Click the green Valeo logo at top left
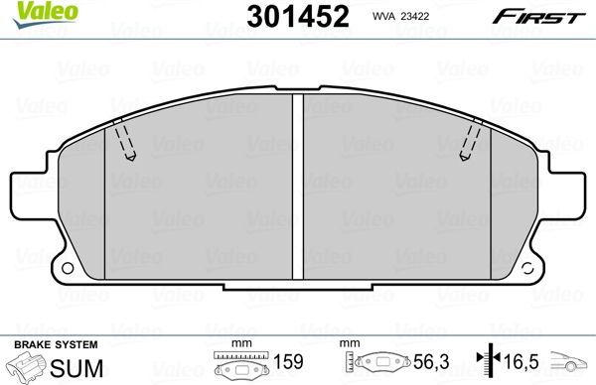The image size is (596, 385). click(x=27, y=11)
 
